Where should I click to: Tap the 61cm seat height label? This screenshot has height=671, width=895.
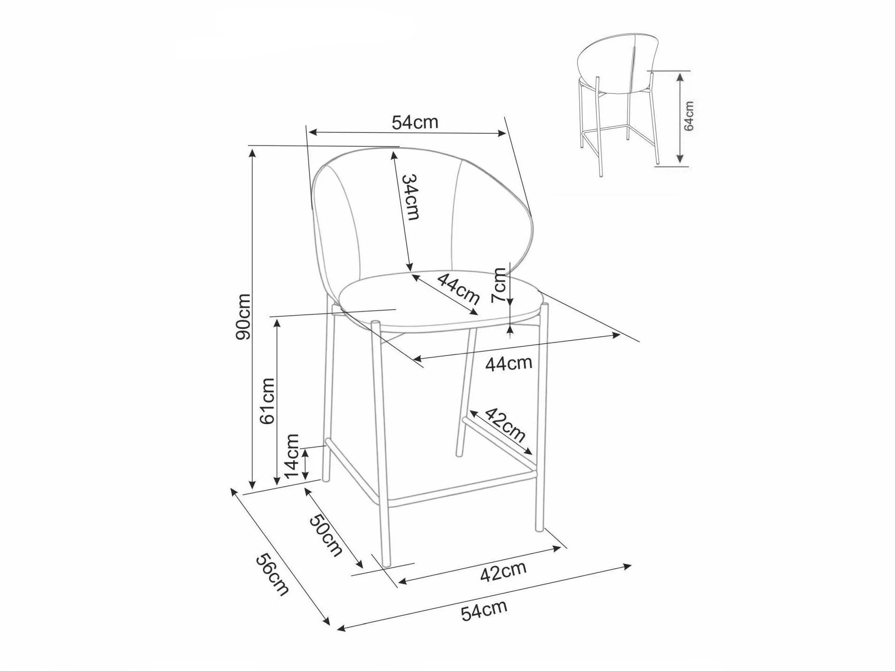[267, 401]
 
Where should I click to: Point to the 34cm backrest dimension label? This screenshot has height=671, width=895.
[410, 197]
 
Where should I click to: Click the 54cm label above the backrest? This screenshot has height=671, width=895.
[415, 122]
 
